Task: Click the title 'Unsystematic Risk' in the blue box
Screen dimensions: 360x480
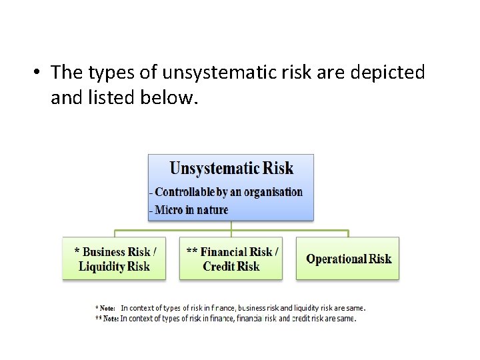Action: (231, 168)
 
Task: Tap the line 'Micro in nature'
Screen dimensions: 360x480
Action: (191, 210)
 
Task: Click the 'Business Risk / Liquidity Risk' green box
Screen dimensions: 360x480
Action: (115, 259)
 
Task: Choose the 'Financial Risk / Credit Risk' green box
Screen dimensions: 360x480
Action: (231, 259)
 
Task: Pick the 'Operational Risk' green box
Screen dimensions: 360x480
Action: (348, 259)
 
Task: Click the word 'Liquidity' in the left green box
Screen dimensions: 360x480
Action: (101, 267)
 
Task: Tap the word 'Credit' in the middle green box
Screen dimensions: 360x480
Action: (219, 267)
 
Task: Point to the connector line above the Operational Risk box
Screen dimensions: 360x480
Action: (348, 233)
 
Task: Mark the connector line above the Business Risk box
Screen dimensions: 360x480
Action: (115, 233)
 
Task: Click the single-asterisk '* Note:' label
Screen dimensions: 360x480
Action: (105, 308)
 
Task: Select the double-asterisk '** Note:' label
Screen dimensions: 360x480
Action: (107, 319)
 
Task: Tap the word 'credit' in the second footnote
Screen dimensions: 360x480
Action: (303, 319)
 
